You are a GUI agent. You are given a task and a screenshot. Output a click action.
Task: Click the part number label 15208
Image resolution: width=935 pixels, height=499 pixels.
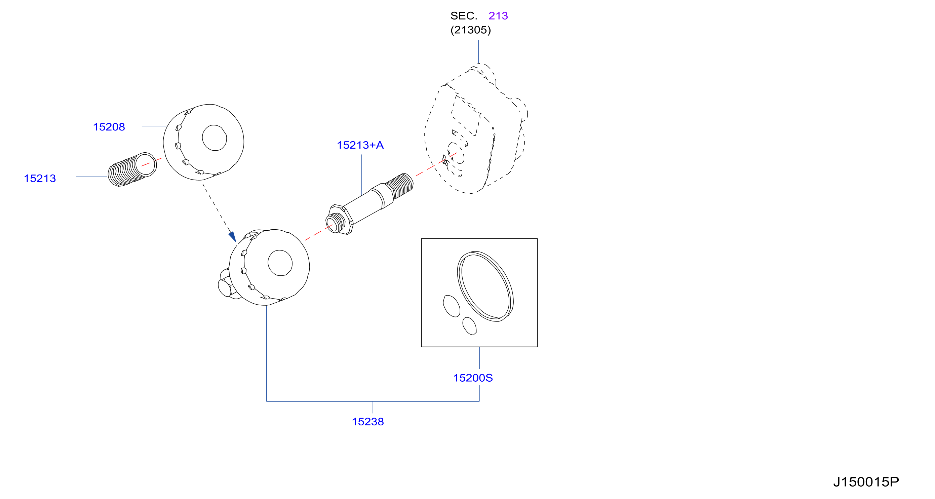(109, 127)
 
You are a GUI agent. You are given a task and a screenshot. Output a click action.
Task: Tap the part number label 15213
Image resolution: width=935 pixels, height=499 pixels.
(40, 178)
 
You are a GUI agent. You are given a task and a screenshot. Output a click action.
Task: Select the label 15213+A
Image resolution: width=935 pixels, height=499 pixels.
(360, 145)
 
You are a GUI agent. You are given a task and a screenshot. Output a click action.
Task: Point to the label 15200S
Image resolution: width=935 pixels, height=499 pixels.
(473, 378)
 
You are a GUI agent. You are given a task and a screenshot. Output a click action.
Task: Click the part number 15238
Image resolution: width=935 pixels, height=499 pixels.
(368, 422)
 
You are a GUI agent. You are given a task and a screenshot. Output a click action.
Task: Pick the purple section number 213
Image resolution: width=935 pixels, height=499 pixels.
(498, 15)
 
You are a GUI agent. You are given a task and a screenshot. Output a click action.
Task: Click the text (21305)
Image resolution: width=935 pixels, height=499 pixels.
(471, 30)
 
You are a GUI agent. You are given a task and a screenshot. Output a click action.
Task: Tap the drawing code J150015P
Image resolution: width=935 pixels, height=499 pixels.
(866, 482)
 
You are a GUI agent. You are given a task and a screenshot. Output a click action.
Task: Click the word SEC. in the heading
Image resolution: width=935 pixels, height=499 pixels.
(464, 15)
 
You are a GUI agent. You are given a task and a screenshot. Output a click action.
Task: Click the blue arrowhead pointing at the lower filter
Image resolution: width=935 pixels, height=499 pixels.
(233, 237)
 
